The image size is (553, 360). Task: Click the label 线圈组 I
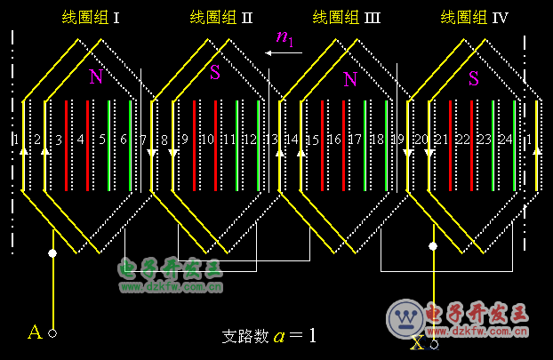91,17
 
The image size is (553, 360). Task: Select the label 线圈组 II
221,17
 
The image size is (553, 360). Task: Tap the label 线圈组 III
347,17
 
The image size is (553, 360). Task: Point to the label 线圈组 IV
474,17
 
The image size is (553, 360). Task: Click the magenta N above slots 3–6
95,77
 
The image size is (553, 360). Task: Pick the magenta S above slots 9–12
215,74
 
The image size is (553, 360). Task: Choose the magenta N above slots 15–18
350,80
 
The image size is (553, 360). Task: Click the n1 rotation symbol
285,36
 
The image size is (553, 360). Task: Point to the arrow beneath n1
284,52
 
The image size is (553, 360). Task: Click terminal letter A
35,332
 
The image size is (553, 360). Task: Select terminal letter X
417,342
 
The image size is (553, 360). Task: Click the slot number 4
81,140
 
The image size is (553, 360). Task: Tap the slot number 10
207,140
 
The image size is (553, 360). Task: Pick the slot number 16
334,140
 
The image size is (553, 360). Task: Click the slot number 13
271,140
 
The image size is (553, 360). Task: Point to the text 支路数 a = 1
268,336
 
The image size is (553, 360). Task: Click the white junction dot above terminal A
52,253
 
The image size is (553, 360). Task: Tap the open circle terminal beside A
52,333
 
